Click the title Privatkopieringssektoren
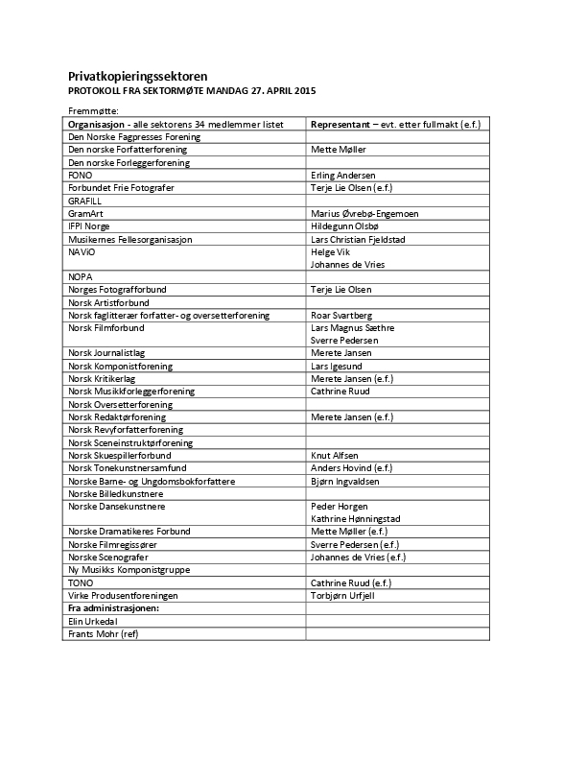137,76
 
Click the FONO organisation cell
80,176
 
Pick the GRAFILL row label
84,201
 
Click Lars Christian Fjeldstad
367,238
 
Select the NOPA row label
81,276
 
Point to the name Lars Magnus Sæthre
352,327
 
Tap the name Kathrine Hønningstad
360,518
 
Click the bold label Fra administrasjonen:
111,607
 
